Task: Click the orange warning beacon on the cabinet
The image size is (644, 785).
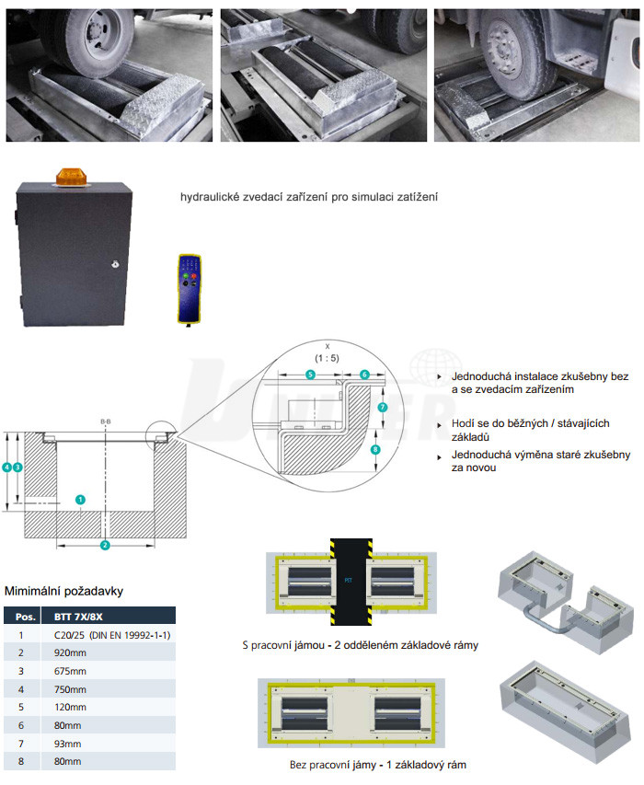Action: pyautogui.click(x=70, y=175)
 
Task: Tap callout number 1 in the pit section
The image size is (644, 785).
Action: pyautogui.click(x=80, y=501)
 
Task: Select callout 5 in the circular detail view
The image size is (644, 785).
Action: pyautogui.click(x=310, y=375)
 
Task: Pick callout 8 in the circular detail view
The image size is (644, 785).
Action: pyautogui.click(x=374, y=450)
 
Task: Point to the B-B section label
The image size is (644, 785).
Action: pyautogui.click(x=106, y=421)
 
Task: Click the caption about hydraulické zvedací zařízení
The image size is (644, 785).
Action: pyautogui.click(x=308, y=197)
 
